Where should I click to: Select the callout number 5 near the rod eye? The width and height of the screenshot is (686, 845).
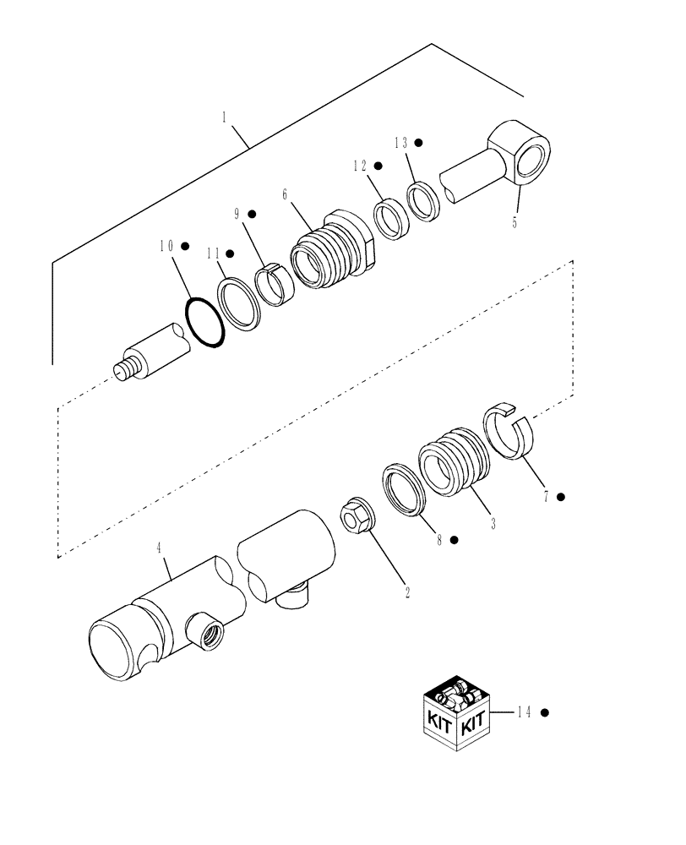[517, 225]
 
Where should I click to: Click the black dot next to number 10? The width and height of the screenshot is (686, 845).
[185, 246]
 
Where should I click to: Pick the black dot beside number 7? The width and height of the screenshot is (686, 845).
[561, 497]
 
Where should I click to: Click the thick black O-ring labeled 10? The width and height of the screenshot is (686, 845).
[204, 321]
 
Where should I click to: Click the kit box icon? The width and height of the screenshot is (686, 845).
[457, 718]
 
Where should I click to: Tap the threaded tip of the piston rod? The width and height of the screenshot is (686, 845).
[125, 369]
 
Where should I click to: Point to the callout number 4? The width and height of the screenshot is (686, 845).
[158, 549]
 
